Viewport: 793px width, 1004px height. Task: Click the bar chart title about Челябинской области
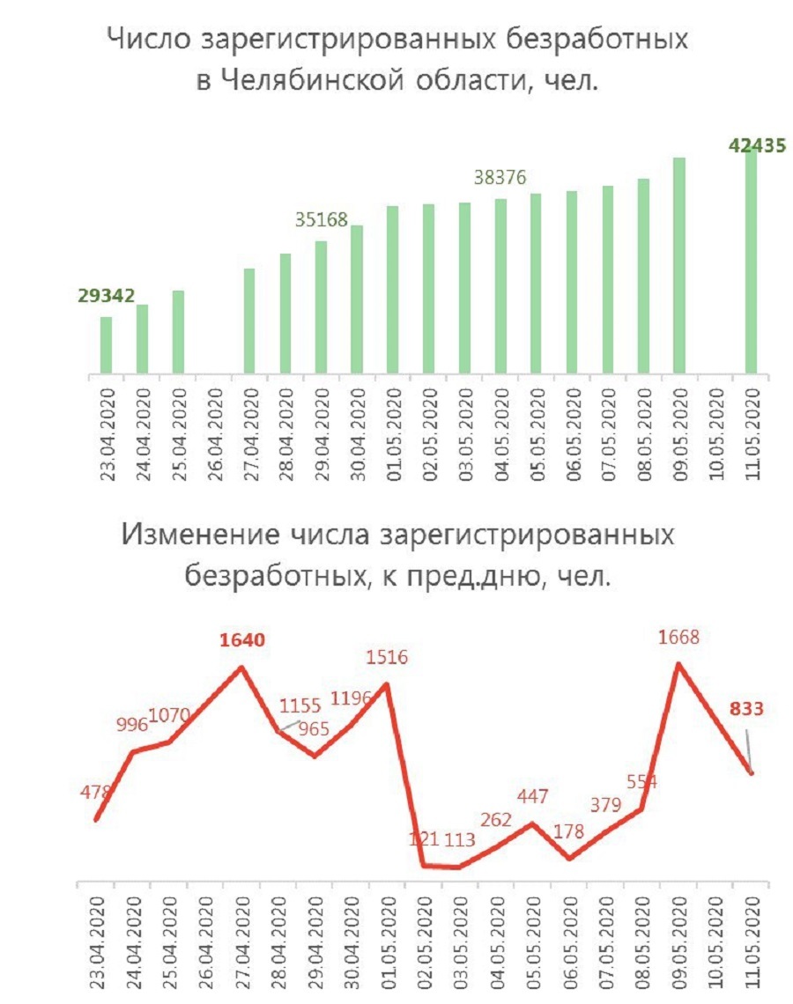click(x=396, y=59)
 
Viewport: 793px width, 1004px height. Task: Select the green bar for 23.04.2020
click(x=106, y=344)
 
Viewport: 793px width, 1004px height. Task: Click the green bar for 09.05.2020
click(x=678, y=265)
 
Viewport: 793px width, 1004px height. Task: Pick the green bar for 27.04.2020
click(x=249, y=321)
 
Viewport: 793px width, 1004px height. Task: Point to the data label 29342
click(x=105, y=296)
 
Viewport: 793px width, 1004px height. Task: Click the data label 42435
click(x=756, y=146)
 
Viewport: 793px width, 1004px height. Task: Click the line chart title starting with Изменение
click(x=398, y=554)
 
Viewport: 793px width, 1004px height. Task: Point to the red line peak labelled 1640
click(x=241, y=667)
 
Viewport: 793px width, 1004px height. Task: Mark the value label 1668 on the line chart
click(x=678, y=637)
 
